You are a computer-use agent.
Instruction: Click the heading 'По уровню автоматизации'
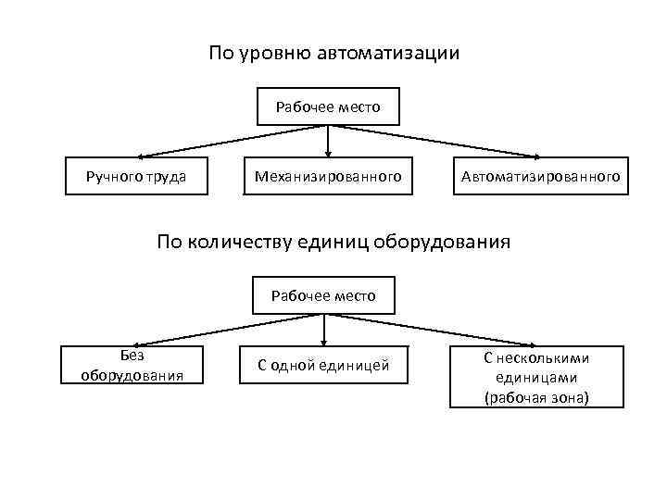pyautogui.click(x=333, y=53)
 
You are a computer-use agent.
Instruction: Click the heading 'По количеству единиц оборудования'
pyautogui.click(x=333, y=243)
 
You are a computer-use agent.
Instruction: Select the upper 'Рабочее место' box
pyautogui.click(x=328, y=106)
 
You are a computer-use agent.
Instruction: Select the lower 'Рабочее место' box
pyautogui.click(x=323, y=295)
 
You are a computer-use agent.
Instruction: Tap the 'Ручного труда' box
pyautogui.click(x=136, y=175)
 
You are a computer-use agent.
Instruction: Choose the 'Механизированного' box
pyautogui.click(x=328, y=175)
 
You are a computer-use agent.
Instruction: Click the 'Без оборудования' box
pyautogui.click(x=132, y=366)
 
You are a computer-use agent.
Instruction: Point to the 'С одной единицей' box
pyautogui.click(x=323, y=367)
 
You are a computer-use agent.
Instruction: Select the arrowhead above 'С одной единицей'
pyautogui.click(x=324, y=341)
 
